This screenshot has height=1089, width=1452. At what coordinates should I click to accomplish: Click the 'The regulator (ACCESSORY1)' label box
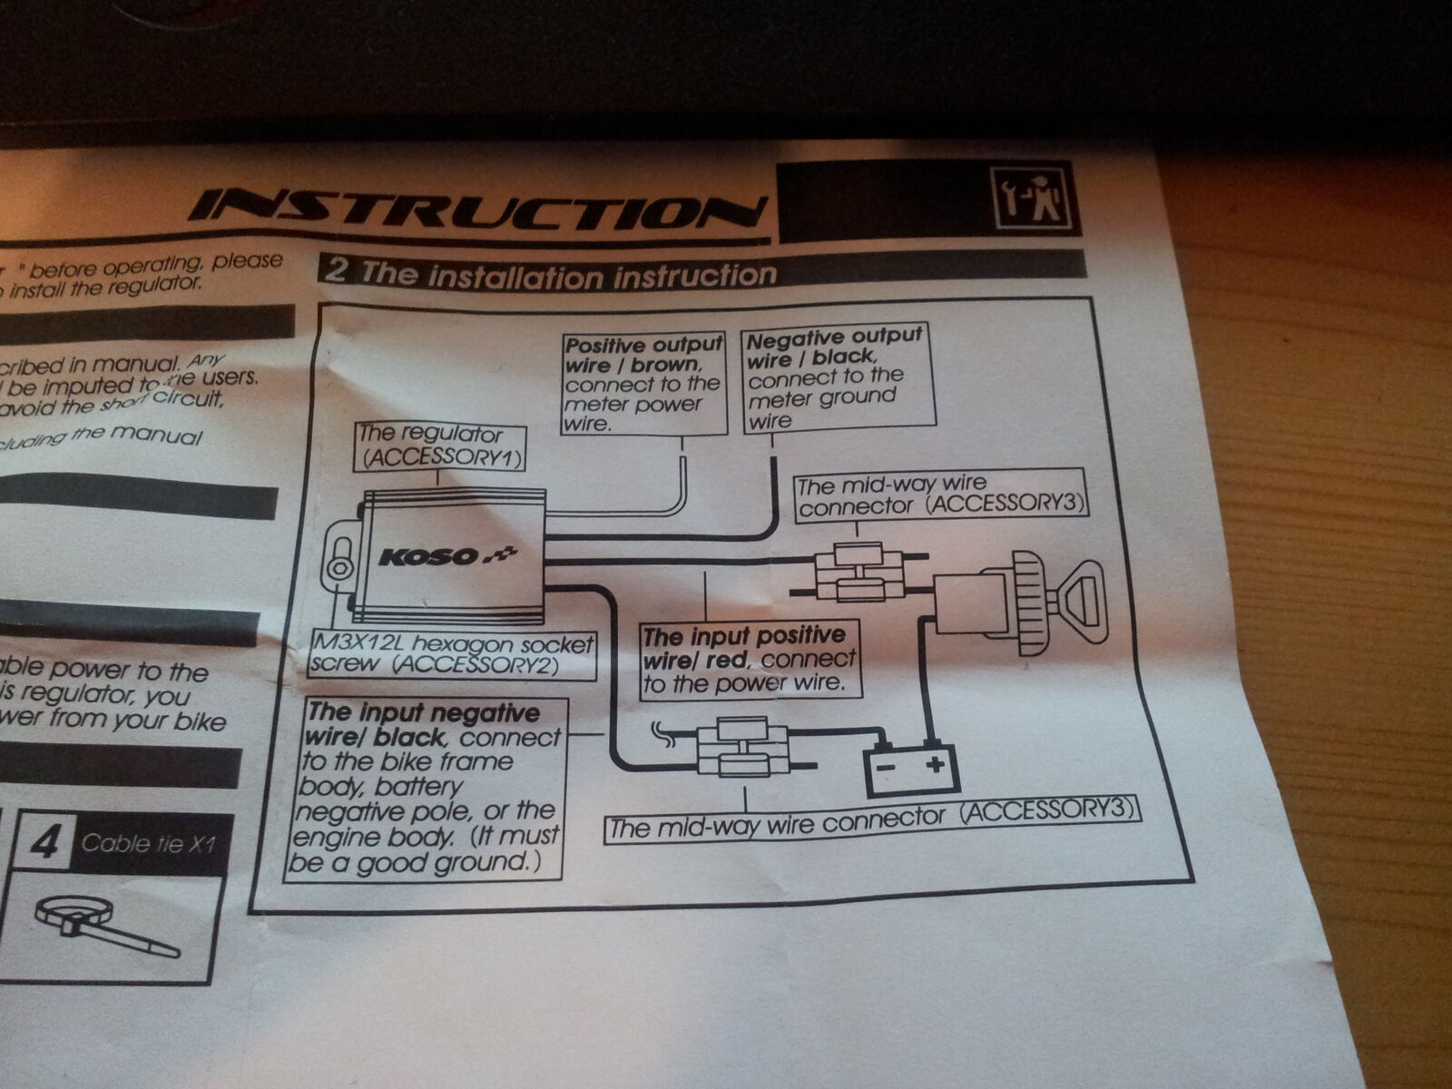pyautogui.click(x=443, y=446)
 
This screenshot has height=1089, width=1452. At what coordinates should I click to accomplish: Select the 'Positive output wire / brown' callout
pyautogui.click(x=643, y=383)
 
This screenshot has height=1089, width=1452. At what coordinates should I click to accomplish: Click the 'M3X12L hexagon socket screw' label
pyautogui.click(x=451, y=654)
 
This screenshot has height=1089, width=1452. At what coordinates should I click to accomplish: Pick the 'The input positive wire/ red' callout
pyautogui.click(x=749, y=660)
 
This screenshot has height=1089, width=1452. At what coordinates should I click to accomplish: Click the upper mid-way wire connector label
pyautogui.click(x=939, y=495)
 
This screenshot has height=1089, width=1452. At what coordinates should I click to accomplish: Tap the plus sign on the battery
pyautogui.click(x=935, y=762)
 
